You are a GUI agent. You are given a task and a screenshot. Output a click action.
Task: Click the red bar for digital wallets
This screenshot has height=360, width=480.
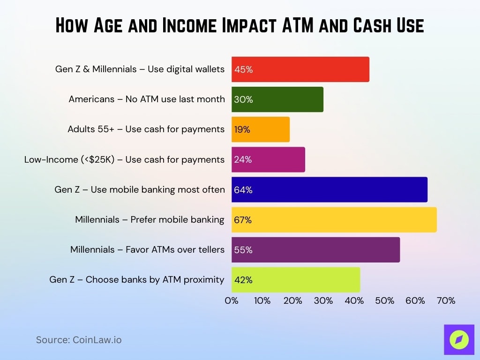point(300,69)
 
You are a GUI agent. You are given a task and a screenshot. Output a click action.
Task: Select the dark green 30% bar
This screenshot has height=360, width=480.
point(277,99)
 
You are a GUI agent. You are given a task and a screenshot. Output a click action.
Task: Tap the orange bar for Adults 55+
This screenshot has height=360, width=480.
point(260,129)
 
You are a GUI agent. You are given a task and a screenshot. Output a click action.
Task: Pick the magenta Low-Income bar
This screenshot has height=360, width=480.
point(268,159)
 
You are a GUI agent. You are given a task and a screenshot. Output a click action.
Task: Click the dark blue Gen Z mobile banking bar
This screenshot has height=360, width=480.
point(329,189)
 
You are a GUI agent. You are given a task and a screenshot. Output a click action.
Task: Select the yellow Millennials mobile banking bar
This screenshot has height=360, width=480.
point(334,219)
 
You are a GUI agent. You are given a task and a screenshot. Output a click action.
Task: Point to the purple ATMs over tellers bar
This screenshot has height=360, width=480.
point(315,249)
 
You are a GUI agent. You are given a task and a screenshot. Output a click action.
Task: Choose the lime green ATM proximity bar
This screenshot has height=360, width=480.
point(295,280)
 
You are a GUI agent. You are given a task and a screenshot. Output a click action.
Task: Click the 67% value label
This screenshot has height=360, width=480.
point(243,220)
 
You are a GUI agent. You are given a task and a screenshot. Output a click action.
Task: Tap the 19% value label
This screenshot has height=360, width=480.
point(242,130)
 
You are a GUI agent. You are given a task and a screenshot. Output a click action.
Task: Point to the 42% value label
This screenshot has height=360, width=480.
point(243,280)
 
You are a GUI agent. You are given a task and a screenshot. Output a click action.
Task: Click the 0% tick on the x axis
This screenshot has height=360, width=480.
point(232,301)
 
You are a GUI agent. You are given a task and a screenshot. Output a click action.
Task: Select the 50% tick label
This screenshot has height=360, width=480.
point(384,301)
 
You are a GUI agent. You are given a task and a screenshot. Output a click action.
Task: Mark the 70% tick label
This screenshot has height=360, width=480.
point(445,301)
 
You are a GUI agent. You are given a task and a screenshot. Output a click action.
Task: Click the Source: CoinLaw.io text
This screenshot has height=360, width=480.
point(79,340)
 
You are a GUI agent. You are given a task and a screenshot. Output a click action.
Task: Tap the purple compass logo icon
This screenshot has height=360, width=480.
point(459,340)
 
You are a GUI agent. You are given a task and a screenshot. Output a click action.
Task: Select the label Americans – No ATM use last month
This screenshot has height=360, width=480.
point(147,99)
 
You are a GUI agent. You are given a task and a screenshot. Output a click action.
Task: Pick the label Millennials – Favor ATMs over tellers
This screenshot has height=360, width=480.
point(147,249)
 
